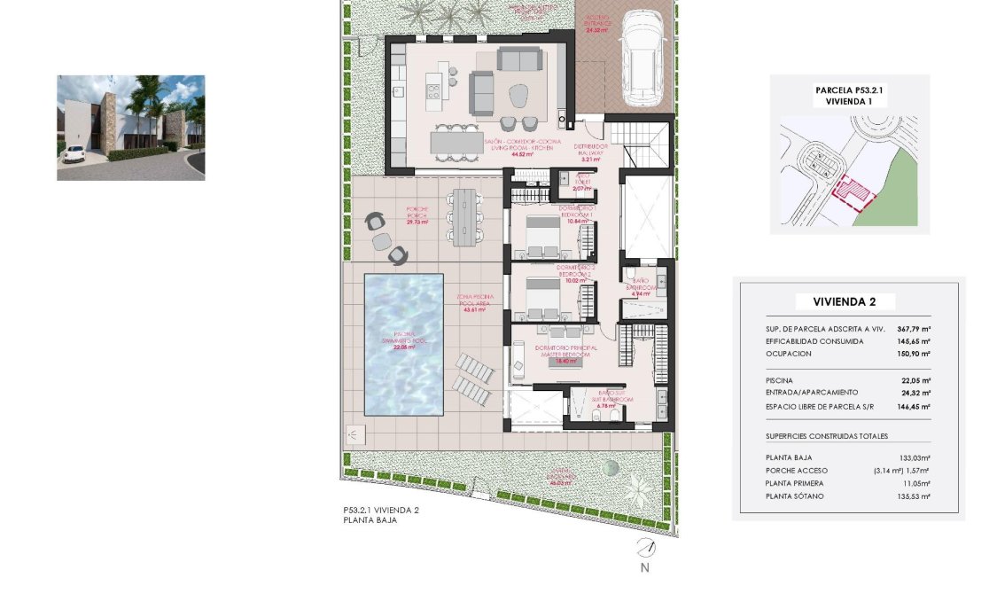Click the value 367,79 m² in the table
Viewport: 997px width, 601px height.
(x=914, y=328)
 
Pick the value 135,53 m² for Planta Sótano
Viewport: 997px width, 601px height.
(x=914, y=496)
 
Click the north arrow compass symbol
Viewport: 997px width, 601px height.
(x=646, y=547)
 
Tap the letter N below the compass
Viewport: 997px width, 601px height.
(x=645, y=568)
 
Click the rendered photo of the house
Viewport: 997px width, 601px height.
(x=130, y=128)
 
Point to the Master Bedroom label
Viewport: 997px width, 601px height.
(x=565, y=352)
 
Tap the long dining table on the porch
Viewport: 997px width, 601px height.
(x=463, y=214)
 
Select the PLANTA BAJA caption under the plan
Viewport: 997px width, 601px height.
(x=370, y=520)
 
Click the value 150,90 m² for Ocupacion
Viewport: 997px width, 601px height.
(x=914, y=354)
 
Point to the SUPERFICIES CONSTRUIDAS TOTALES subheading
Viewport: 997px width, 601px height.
(x=826, y=436)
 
